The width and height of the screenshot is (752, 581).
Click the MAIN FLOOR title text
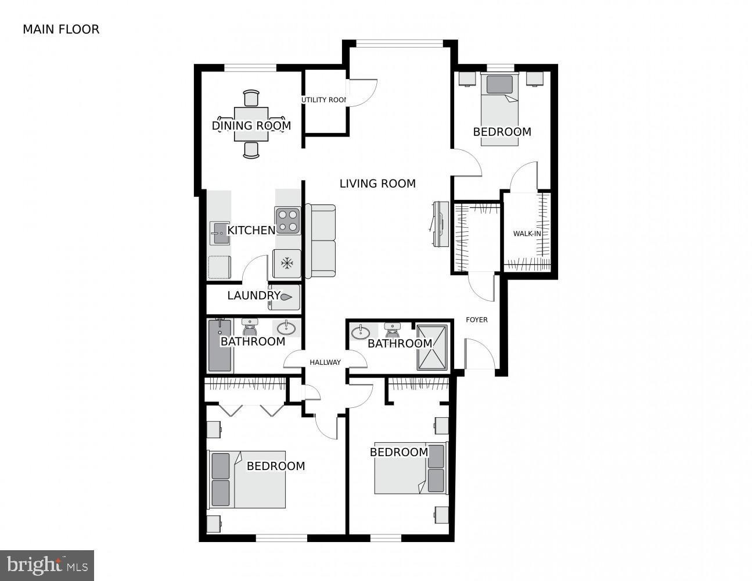tap(61, 29)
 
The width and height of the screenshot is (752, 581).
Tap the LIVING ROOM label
tap(377, 184)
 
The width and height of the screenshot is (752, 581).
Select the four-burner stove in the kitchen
tap(287, 221)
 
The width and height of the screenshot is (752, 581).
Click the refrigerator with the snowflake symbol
tap(287, 263)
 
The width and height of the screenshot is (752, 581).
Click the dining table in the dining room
tap(251, 124)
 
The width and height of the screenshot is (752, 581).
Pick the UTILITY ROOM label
tap(324, 100)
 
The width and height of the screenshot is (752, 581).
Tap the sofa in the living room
tap(321, 241)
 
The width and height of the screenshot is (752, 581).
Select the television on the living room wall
tap(440, 224)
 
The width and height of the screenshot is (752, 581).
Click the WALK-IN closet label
tap(527, 234)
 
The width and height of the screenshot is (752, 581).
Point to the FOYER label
tap(477, 320)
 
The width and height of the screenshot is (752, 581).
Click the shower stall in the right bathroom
tap(433, 347)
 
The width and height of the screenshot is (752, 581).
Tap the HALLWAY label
tap(325, 363)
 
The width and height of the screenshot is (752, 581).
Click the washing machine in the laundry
tap(285, 296)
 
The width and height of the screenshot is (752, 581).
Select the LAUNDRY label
tap(253, 295)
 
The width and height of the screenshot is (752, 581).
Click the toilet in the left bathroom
tap(250, 328)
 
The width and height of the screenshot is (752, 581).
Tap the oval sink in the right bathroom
tap(361, 332)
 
